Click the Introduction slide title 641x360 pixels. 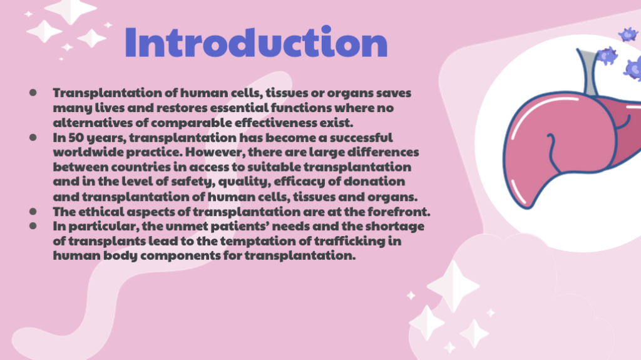(x=256, y=42)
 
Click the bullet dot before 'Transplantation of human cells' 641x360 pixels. (x=33, y=93)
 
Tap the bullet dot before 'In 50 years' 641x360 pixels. (x=33, y=138)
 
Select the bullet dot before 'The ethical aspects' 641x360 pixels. (x=33, y=212)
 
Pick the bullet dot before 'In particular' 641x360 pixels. (x=33, y=226)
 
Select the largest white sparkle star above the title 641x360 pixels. (x=71, y=10)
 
